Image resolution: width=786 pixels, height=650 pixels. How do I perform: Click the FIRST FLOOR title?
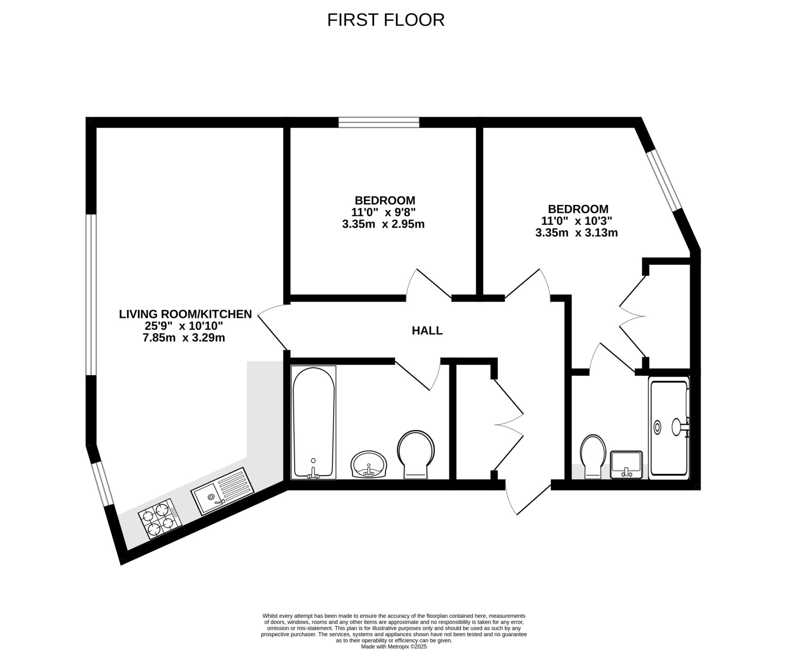(386, 20)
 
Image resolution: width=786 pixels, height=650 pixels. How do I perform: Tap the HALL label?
(427, 331)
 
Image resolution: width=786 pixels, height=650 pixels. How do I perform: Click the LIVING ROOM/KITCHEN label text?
(185, 314)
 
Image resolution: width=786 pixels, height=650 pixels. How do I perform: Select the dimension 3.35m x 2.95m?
(383, 224)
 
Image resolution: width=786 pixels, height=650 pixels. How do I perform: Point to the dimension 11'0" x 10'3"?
(576, 221)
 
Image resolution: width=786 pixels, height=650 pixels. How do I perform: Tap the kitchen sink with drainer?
(223, 491)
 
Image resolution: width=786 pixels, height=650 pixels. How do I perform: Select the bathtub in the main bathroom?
(314, 422)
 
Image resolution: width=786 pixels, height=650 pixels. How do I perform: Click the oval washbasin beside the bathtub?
(368, 465)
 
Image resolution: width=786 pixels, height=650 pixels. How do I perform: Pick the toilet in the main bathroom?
(416, 453)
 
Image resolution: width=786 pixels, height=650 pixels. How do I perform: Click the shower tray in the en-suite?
(669, 427)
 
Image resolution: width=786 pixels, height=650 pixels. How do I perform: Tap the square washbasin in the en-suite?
(626, 464)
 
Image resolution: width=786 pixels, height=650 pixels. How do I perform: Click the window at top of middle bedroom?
(379, 122)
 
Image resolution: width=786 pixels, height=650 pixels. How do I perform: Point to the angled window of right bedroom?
(664, 181)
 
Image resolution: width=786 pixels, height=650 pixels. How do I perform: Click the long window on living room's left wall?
(91, 295)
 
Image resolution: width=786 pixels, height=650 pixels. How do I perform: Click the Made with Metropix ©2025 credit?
(394, 647)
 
